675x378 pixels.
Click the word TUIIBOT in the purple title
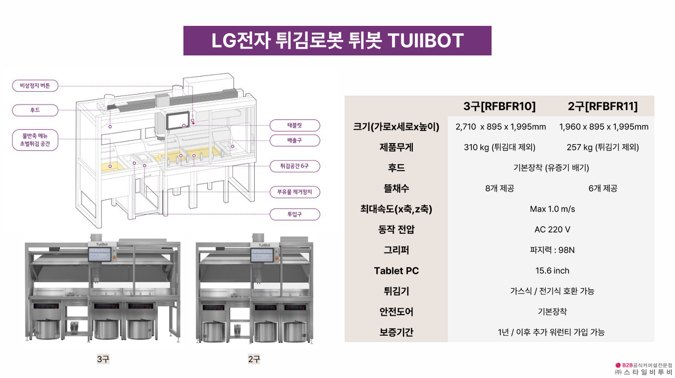[426, 41]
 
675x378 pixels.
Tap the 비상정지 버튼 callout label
[35, 86]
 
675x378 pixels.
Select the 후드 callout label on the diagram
[35, 110]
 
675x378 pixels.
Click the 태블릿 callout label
[295, 126]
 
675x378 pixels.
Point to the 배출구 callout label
[295, 140]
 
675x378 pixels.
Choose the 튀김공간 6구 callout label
[295, 166]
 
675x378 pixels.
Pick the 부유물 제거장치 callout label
[295, 192]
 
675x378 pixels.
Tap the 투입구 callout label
[295, 214]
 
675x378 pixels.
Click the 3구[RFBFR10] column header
[500, 106]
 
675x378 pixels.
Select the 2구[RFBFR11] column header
[603, 106]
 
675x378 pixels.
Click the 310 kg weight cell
[500, 147]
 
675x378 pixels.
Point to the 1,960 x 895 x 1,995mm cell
[604, 127]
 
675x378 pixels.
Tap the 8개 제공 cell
[500, 188]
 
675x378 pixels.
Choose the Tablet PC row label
[396, 270]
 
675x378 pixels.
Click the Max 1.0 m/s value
[552, 209]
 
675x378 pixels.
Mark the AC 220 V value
[552, 230]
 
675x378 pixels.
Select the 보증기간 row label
[396, 332]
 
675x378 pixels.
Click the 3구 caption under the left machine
[103, 359]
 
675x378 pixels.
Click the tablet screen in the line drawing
[178, 121]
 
